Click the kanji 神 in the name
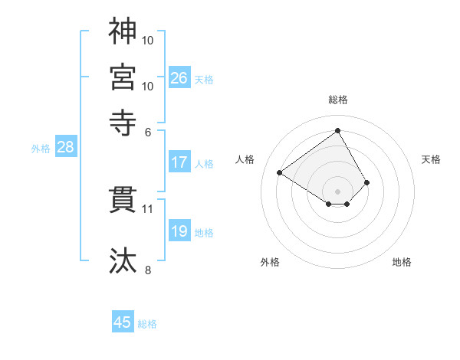123,31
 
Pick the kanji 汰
123,260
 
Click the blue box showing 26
179,77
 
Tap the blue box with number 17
179,162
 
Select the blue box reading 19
179,231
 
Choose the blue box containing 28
65,147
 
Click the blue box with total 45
123,322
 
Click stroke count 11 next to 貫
148,208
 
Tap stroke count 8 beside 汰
147,270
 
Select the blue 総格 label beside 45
147,324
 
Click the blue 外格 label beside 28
41,149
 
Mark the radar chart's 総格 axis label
337,100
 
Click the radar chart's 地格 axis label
402,263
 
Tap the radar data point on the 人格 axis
280,173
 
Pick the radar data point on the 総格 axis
337,131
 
